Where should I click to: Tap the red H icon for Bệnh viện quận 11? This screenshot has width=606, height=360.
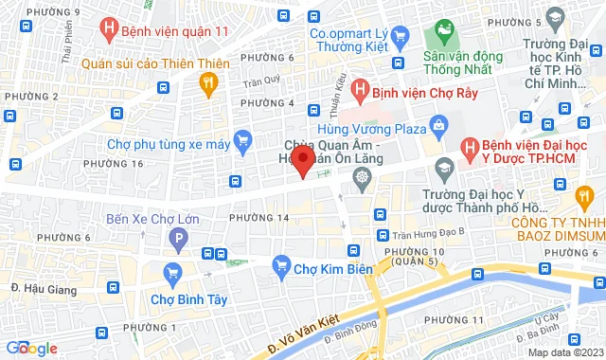[x=113, y=29]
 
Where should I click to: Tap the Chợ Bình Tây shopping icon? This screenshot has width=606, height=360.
[x=171, y=276]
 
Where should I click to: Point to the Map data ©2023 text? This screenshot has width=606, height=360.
[x=564, y=352]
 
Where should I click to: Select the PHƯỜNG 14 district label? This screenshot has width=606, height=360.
[x=258, y=218]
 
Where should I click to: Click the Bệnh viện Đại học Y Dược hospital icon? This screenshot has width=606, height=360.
[x=469, y=148]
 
